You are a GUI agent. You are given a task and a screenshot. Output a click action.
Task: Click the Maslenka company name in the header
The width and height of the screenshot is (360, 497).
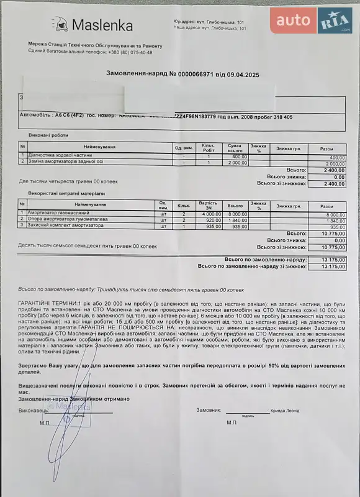click(102, 25)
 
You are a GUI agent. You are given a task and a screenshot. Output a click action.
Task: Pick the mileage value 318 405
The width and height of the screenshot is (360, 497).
click(278, 117)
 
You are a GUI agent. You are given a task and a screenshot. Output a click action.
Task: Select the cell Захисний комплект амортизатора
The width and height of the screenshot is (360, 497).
click(62, 226)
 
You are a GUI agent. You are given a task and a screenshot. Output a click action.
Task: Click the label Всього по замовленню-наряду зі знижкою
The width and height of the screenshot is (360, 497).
click(252, 266)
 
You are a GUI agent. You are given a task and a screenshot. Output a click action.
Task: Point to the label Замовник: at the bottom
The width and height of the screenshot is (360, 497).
click(209, 411)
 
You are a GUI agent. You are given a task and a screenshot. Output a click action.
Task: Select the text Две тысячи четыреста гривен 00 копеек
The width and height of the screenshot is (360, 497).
click(68, 181)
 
